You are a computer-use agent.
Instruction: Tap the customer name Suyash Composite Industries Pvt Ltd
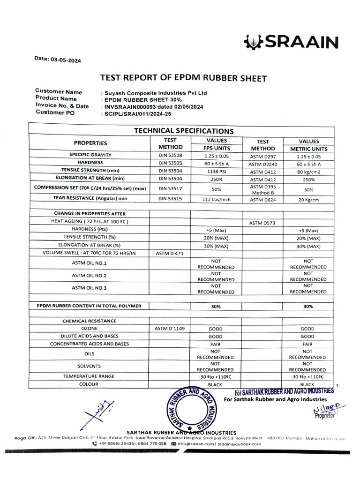click(x=154, y=93)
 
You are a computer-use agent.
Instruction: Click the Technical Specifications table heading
click(x=184, y=131)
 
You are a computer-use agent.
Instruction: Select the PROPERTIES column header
click(x=90, y=143)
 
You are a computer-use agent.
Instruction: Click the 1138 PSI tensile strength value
click(x=216, y=171)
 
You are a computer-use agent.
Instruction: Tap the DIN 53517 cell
click(x=170, y=188)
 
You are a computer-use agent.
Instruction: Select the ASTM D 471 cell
click(x=170, y=253)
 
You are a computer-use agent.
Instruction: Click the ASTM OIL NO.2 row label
click(x=89, y=275)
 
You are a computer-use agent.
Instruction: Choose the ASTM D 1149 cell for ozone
click(x=170, y=329)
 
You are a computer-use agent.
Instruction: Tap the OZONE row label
click(x=89, y=329)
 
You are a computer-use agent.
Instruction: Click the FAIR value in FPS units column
click(x=216, y=344)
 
